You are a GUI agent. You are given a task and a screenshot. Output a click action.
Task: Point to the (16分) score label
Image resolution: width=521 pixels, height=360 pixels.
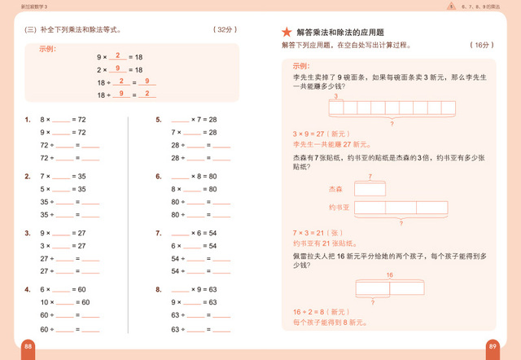(482, 45)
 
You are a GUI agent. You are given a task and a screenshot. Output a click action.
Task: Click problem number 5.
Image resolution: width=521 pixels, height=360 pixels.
(159, 119)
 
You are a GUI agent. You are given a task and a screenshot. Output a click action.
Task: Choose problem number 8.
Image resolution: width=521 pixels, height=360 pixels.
(159, 288)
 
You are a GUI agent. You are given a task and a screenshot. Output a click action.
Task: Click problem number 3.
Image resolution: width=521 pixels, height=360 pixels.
(28, 232)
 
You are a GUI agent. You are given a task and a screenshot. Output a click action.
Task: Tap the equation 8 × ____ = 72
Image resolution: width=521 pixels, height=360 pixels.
(63, 119)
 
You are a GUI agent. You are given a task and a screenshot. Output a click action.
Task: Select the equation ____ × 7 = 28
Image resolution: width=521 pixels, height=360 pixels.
(194, 119)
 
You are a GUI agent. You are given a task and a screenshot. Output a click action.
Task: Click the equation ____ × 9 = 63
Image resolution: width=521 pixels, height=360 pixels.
(194, 288)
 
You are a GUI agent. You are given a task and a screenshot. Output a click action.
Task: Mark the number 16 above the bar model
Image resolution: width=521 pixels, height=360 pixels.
(389, 274)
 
